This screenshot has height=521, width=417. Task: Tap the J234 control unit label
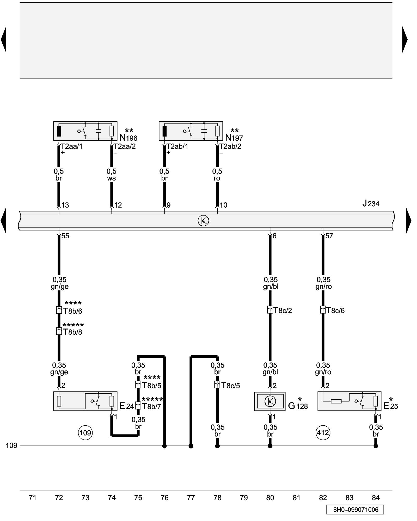coord(371,203)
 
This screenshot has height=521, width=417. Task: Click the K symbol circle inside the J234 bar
coord(203,221)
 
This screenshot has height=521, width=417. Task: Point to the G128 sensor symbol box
coord(270,401)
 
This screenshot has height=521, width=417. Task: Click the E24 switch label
coord(126,406)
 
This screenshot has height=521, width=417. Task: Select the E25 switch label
coord(390,406)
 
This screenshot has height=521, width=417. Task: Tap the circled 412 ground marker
coord(323,433)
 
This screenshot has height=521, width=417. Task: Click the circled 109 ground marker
coord(85,433)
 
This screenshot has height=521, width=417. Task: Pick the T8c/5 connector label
coord(230,386)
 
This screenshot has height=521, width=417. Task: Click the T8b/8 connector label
coord(72,332)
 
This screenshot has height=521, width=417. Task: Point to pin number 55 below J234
coord(65,236)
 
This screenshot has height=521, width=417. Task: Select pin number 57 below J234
coord(329,236)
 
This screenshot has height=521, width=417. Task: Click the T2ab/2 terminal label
coord(230,146)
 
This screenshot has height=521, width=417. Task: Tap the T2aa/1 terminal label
coord(71,146)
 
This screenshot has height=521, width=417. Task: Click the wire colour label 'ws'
coord(111,178)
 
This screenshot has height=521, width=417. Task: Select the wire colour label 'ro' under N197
coord(217,178)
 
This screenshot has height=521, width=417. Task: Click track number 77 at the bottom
coord(191,498)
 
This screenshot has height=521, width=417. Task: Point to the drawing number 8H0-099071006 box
coord(355,510)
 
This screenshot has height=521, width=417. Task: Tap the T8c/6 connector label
coord(335,311)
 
